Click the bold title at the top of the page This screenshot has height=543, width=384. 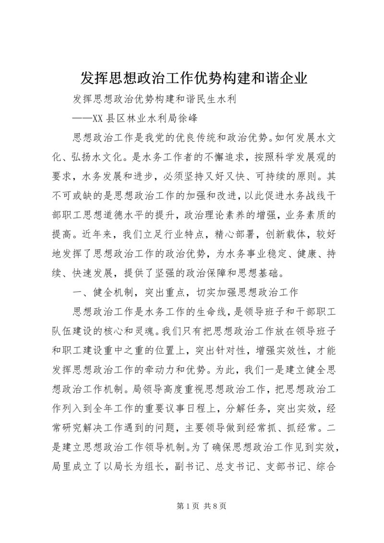tap(192, 78)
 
